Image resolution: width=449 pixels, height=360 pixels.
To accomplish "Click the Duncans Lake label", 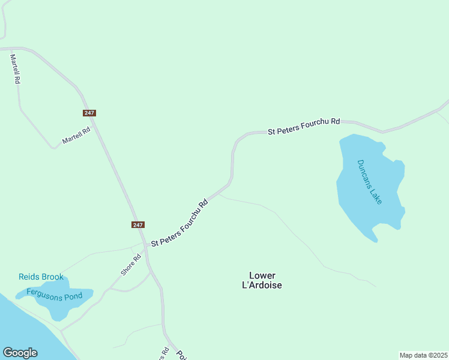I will click(369, 182).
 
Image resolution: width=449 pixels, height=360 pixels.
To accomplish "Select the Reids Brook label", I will click(41, 277).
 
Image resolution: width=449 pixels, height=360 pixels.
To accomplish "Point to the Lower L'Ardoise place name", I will click(265, 281).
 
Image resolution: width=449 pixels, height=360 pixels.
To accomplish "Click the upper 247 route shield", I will click(89, 113).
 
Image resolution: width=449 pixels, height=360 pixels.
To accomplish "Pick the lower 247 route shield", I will click(138, 224).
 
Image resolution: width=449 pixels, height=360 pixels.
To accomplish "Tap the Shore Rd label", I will click(130, 265).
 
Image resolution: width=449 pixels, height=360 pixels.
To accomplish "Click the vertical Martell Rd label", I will click(16, 68).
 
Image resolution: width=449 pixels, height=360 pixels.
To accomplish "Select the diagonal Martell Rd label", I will click(76, 135).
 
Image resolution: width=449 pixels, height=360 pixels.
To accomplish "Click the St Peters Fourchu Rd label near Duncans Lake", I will click(304, 126).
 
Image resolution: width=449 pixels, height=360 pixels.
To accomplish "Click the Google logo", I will click(20, 353).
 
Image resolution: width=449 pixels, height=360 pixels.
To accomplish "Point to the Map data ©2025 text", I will click(423, 355).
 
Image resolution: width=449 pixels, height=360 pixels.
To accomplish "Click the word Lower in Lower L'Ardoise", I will click(262, 275).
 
